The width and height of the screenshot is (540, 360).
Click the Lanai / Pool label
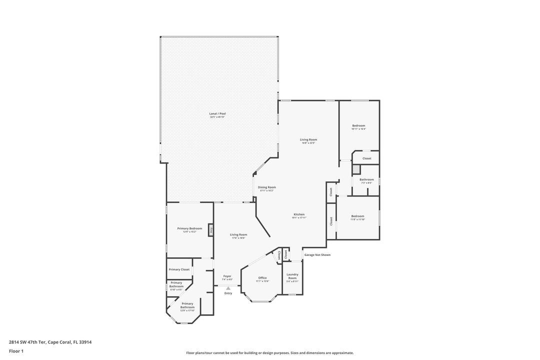click(x=217, y=114)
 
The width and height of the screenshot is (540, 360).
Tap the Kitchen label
click(x=299, y=214)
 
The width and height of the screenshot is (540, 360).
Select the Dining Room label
click(x=266, y=187)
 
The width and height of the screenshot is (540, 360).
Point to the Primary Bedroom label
click(x=189, y=228)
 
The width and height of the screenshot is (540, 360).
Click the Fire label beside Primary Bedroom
click(x=211, y=230)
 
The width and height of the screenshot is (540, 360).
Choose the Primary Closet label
click(x=179, y=269)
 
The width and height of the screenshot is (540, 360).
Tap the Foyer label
click(x=227, y=276)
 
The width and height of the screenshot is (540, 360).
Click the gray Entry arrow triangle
click(x=228, y=288)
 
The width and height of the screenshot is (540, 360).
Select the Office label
click(x=262, y=278)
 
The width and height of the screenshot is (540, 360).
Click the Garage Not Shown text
click(x=317, y=255)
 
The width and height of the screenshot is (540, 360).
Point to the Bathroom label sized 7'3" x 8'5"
click(x=366, y=179)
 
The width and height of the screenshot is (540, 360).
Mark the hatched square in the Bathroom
click(x=356, y=169)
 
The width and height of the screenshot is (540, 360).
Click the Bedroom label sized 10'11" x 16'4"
click(x=358, y=125)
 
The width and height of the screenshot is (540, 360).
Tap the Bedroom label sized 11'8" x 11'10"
click(x=357, y=216)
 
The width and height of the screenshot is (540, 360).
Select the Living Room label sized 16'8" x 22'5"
click(x=308, y=139)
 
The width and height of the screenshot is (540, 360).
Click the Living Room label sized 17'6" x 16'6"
click(x=238, y=234)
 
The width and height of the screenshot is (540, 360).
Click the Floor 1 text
click(x=16, y=351)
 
